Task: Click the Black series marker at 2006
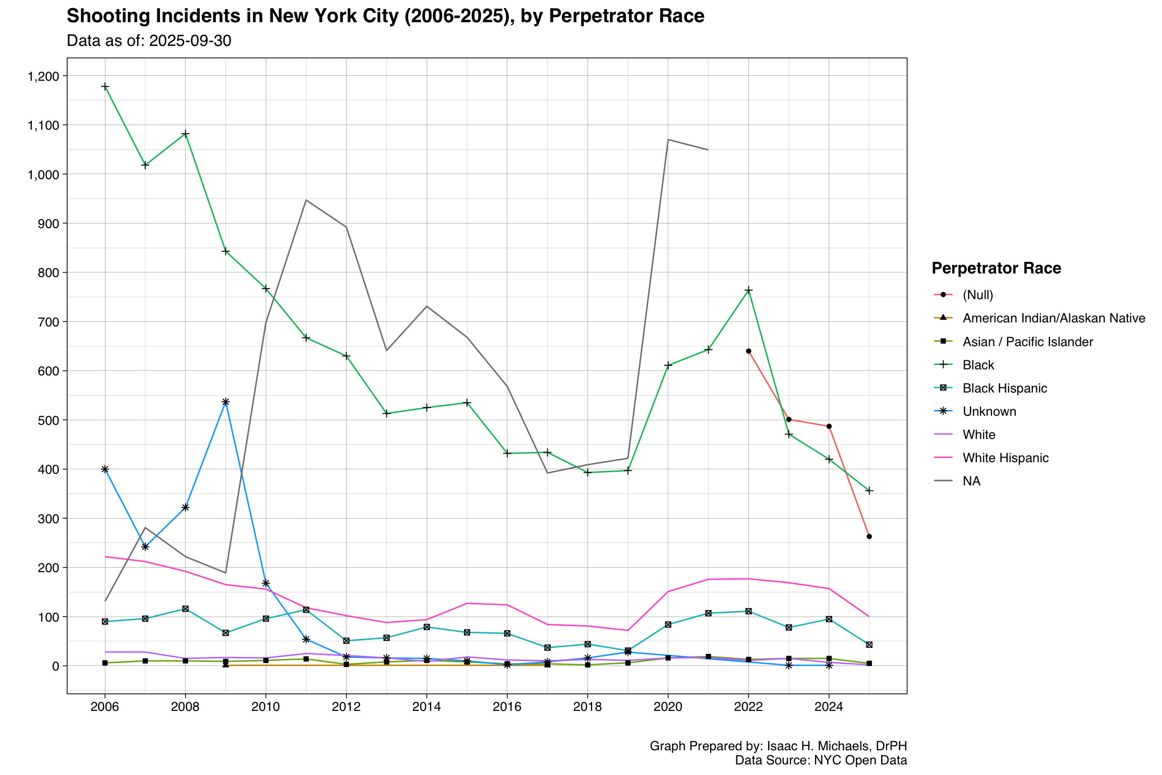point(105,87)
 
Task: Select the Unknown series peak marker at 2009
point(225,402)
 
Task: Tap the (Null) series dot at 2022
point(748,351)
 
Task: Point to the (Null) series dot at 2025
point(869,536)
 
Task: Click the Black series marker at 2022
point(748,290)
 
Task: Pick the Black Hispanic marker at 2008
point(185,609)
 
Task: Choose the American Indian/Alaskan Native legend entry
point(1054,318)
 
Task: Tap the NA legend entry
point(971,481)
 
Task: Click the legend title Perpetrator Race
point(996,268)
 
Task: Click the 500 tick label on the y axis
point(50,420)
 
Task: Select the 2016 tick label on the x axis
point(507,707)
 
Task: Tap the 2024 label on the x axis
point(829,707)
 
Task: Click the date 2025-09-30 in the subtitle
point(190,41)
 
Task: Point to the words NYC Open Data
point(860,760)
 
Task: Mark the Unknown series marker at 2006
point(105,469)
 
